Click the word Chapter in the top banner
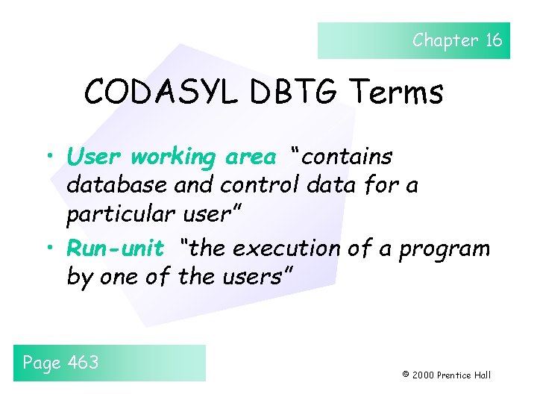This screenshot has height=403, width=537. [445, 40]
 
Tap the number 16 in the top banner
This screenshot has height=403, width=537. [494, 40]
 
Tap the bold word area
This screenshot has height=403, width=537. [250, 157]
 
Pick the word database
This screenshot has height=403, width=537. [113, 185]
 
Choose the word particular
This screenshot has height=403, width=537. [122, 214]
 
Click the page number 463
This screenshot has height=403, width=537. [83, 363]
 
